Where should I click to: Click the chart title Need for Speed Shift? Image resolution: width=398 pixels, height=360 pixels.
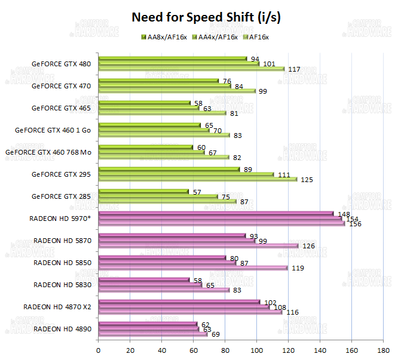point(206,17)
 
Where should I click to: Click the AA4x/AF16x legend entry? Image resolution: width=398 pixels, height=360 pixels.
point(218,37)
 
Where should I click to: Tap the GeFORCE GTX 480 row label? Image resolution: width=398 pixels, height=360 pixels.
point(62,63)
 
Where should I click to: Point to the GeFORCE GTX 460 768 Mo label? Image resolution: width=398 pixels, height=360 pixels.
point(48,152)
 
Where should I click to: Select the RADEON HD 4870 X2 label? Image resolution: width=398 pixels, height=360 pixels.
point(57,306)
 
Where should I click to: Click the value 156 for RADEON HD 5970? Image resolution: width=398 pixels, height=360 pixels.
point(355,224)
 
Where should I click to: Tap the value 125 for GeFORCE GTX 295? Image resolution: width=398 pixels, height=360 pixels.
point(307,179)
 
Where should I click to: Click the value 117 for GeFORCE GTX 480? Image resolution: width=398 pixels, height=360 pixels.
point(294,69)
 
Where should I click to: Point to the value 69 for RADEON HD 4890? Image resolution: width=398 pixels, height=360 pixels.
point(216,334)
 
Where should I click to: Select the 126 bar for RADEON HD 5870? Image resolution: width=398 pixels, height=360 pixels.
point(197,245)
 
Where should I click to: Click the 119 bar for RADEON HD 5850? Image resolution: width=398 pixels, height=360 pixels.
point(192,267)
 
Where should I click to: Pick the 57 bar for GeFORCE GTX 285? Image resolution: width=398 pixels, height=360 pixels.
point(143,191)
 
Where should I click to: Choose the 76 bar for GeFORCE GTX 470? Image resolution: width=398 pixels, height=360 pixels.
point(158,81)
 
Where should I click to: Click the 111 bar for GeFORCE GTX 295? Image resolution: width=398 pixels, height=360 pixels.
point(185,174)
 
